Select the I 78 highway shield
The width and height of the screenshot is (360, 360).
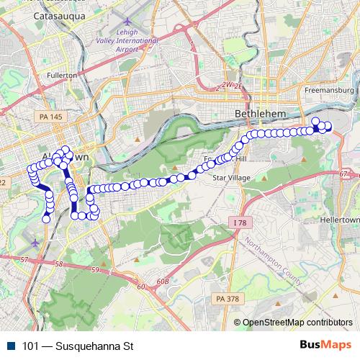(x=240, y=223)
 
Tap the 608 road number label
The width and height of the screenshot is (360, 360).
(x=165, y=282)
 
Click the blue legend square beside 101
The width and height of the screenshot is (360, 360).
(x=11, y=345)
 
